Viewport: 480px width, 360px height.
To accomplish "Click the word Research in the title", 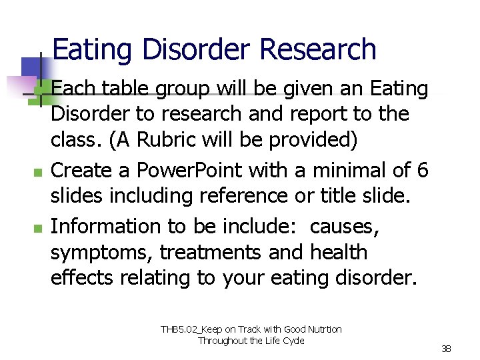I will click(318, 50).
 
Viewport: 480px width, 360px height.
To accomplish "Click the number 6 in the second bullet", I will click(422, 170).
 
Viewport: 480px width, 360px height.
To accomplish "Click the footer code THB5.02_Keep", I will click(193, 329).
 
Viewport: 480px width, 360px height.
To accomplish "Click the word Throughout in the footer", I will click(222, 341).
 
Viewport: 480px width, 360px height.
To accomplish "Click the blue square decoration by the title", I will click(32, 67).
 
